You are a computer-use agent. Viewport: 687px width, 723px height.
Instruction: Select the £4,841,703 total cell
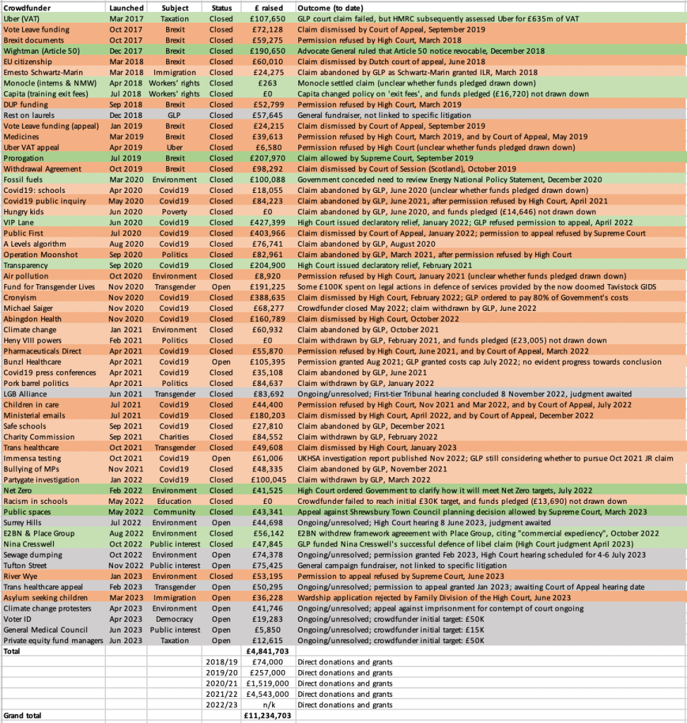point(266,650)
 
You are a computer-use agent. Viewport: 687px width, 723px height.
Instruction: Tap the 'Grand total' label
point(23,715)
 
